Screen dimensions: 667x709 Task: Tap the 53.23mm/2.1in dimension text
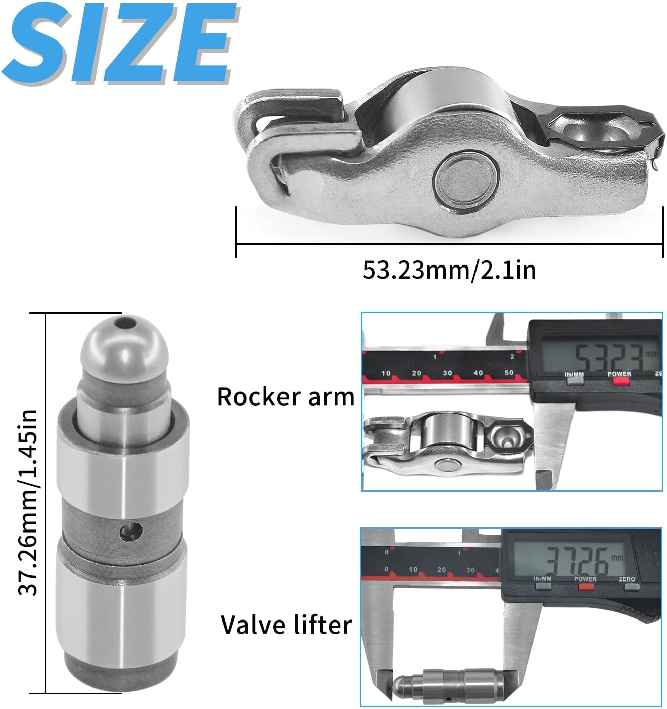[x=449, y=270]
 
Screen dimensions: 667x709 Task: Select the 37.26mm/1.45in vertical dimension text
[x=28, y=503]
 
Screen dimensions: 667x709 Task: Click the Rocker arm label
[x=286, y=397]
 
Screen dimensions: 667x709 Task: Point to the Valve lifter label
[x=286, y=625]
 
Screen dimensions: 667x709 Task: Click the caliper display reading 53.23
[x=600, y=355]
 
